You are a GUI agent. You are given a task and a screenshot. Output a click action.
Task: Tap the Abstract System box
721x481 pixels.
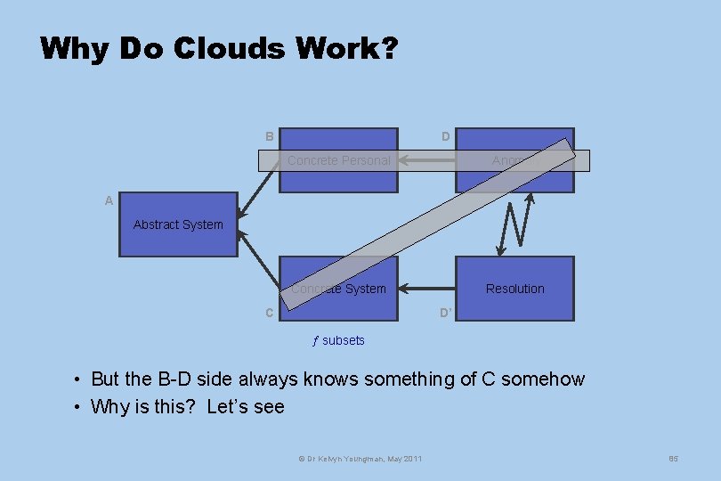click(x=178, y=224)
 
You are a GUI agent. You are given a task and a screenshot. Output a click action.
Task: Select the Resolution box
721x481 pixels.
click(x=514, y=289)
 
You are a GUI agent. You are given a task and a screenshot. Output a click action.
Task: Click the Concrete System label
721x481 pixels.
click(x=339, y=289)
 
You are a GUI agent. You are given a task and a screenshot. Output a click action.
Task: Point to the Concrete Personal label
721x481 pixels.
click(x=338, y=160)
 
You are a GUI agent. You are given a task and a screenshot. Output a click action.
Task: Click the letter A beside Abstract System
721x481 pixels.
click(x=109, y=201)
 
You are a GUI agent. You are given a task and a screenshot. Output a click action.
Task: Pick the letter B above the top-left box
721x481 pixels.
click(x=269, y=136)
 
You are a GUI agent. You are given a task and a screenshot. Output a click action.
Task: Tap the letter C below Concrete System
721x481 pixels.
click(x=269, y=313)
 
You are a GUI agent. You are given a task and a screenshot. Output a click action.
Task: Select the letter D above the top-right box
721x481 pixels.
click(x=445, y=136)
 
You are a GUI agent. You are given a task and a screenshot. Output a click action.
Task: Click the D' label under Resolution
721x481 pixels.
click(x=447, y=313)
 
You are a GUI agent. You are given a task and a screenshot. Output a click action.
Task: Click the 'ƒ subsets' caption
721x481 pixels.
click(x=338, y=340)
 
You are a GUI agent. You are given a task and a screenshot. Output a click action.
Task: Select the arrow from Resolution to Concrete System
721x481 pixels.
click(x=427, y=289)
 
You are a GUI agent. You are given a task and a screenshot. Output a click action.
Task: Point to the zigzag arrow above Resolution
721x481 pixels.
click(x=516, y=223)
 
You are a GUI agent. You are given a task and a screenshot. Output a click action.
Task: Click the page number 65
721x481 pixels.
click(x=673, y=458)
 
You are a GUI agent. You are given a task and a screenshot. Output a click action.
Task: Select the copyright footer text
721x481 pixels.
click(x=360, y=458)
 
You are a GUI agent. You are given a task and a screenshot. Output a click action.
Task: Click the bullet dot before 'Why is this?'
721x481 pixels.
click(x=78, y=408)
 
